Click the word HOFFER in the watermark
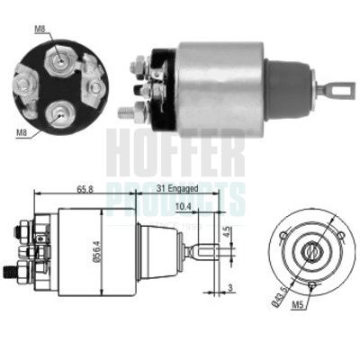click(176, 153)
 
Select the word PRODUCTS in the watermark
click(176, 193)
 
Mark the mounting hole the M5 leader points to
click(310, 287)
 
